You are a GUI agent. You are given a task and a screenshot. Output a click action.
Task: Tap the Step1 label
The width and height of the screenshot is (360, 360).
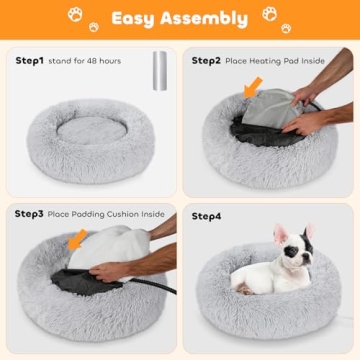[29, 60]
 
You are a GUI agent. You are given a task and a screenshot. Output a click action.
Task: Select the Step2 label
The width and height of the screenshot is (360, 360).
[206, 60]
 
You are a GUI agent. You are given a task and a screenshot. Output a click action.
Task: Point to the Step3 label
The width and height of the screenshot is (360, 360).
[29, 213]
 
